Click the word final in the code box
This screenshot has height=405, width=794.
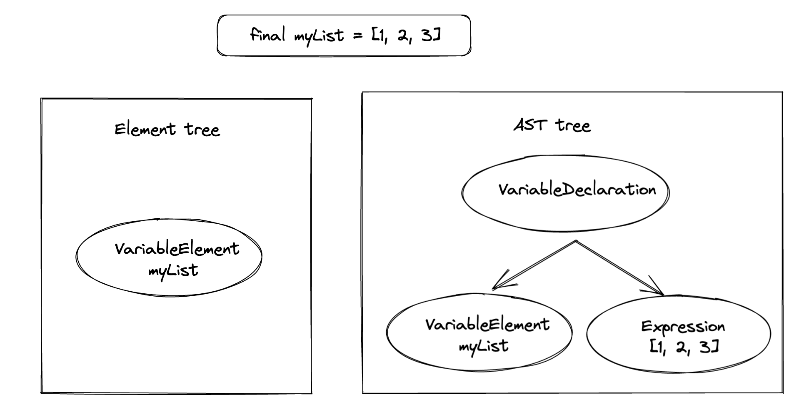point(267,34)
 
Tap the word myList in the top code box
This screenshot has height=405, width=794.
point(319,36)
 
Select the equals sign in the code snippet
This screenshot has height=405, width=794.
point(358,36)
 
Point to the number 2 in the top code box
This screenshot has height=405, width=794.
point(402,36)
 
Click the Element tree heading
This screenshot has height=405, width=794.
point(167,129)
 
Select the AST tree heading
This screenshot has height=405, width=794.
point(552,125)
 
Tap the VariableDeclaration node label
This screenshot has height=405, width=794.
point(577,190)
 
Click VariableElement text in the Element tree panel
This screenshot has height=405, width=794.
point(177,249)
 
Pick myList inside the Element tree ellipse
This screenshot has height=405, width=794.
point(173,271)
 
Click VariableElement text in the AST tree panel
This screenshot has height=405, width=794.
point(487,325)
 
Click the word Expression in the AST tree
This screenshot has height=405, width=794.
point(683,327)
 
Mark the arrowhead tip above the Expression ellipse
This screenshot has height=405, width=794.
point(663,295)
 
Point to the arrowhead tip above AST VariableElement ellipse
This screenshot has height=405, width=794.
point(493,288)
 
